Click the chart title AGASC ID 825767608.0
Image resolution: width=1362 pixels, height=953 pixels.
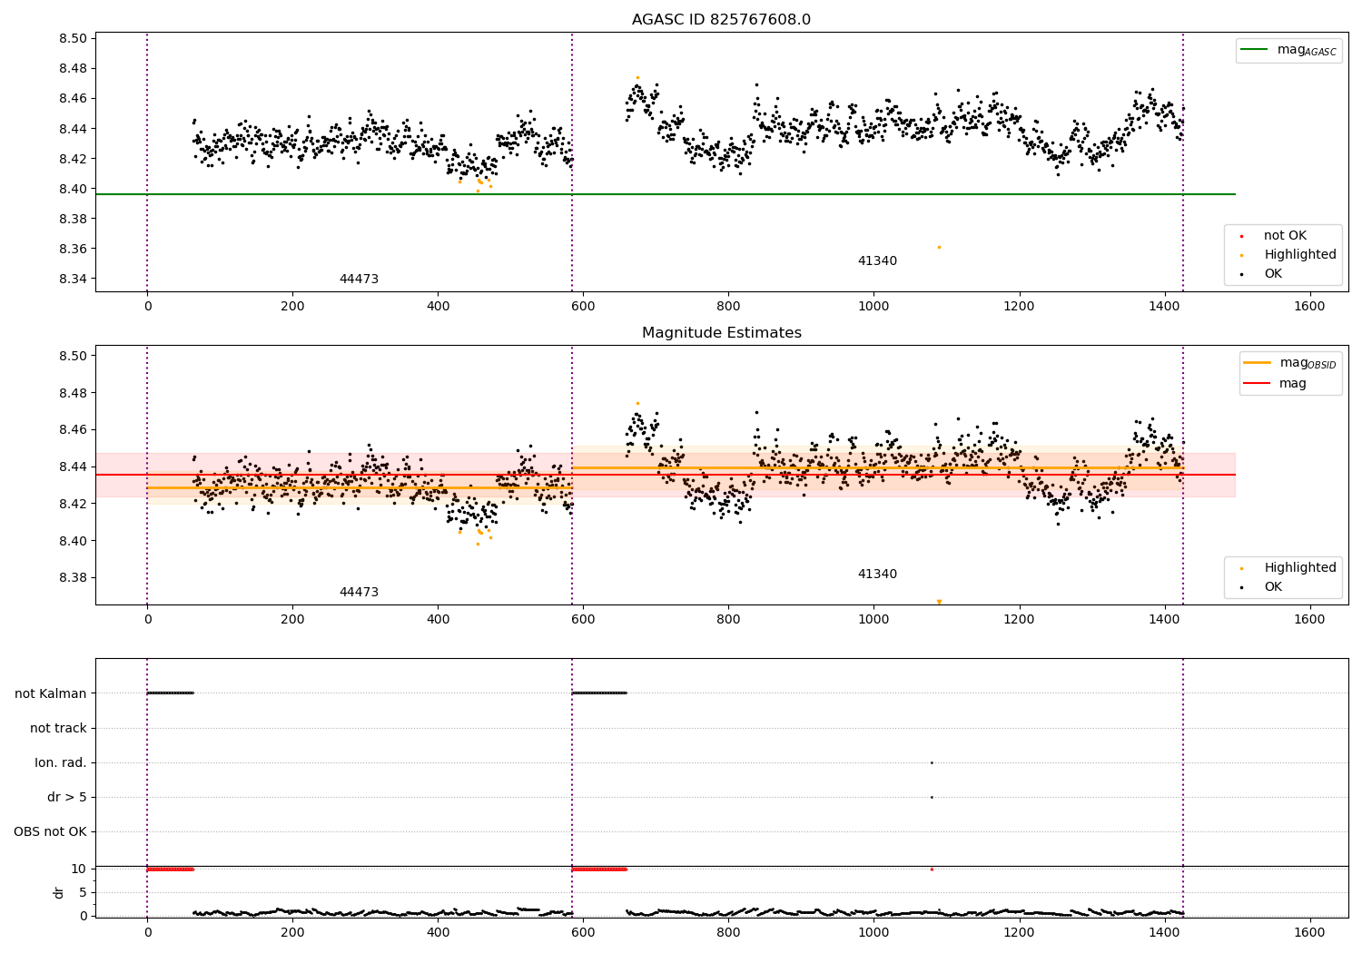(x=721, y=19)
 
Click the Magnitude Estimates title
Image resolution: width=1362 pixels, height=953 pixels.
(x=722, y=332)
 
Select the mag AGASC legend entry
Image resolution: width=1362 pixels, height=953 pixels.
(x=1289, y=50)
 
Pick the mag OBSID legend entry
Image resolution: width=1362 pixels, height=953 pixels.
(x=1290, y=363)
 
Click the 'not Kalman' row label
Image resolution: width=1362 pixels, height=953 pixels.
(x=51, y=693)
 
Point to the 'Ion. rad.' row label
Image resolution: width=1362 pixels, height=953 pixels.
(x=60, y=762)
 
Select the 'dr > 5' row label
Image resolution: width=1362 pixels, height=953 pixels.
(x=67, y=797)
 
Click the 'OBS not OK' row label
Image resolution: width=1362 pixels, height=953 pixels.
(x=51, y=831)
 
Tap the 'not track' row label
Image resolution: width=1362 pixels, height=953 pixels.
(x=58, y=728)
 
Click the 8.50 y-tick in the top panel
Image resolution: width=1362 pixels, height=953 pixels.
(x=73, y=38)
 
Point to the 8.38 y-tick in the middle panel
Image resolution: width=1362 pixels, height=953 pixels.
(x=73, y=577)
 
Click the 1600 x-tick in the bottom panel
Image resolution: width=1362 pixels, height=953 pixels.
(x=1309, y=932)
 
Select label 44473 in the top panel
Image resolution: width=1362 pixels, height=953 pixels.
(x=359, y=279)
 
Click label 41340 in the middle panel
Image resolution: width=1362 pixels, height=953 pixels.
(x=877, y=574)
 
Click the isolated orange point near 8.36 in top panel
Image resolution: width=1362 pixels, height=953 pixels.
(x=939, y=248)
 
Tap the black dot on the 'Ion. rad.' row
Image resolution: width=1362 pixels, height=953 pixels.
(x=932, y=762)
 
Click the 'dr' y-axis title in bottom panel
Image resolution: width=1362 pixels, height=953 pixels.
(x=58, y=893)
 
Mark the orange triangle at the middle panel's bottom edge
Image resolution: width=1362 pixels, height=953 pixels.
(x=939, y=602)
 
